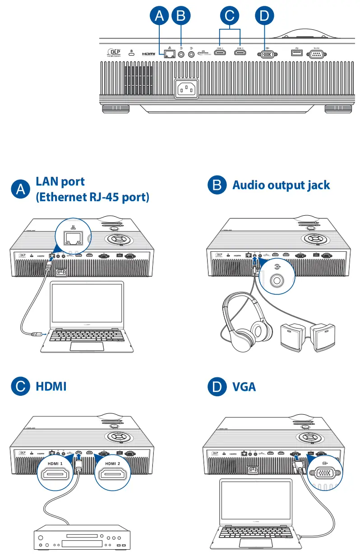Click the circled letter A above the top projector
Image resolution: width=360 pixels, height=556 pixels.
159,16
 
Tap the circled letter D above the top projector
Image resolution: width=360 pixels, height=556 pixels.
264,16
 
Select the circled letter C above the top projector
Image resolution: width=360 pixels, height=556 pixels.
230,16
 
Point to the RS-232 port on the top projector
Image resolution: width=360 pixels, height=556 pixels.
315,54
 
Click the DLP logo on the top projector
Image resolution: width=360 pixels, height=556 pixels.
115,53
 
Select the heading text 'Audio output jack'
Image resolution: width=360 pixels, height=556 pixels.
281,185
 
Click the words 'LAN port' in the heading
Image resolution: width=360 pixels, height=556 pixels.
60,181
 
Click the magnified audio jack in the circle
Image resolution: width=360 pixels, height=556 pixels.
276,281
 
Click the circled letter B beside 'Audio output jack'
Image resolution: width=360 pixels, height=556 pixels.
217,185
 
